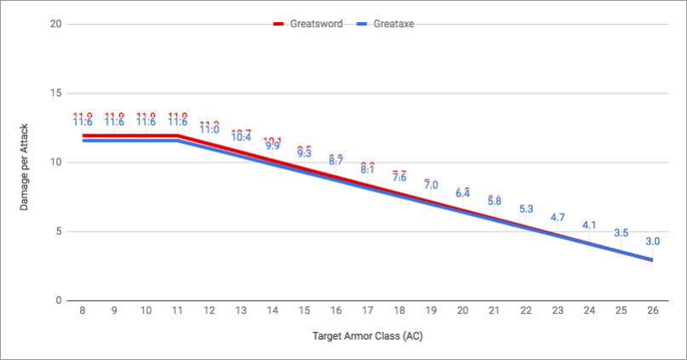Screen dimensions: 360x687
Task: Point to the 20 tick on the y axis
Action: coord(55,24)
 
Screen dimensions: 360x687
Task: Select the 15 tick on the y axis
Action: coord(55,93)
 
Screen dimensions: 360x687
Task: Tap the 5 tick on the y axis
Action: coord(58,231)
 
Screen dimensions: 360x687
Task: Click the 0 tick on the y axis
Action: coord(58,300)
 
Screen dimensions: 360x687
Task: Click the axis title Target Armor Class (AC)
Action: coord(367,336)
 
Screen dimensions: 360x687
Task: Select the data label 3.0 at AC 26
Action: coord(652,241)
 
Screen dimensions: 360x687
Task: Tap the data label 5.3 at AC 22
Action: coord(525,209)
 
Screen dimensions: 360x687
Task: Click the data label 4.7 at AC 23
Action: coord(558,217)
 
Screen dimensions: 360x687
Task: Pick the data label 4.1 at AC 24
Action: coord(589,225)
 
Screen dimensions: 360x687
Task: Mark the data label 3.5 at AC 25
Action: coord(621,232)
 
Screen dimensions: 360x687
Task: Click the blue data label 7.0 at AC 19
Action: coord(431,186)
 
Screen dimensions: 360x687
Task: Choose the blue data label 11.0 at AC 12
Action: coord(209,130)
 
